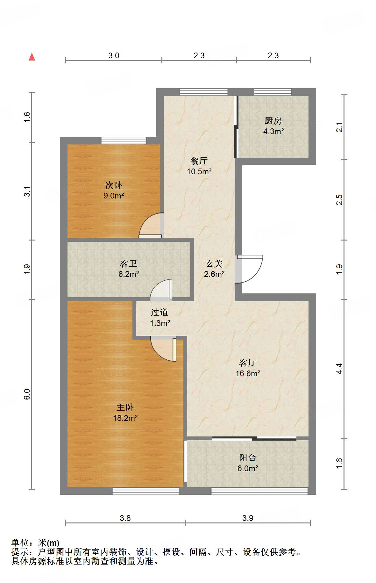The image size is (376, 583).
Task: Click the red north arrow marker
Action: coord(32,57)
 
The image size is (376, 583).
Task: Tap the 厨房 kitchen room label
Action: coord(273,121)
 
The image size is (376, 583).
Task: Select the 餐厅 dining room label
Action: coord(199,161)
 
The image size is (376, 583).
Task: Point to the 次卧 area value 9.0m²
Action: coord(114,196)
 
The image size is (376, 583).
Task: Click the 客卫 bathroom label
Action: coord(129,263)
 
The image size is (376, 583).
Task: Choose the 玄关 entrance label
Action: coord(214,263)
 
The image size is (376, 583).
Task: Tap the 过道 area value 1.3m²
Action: coord(160,323)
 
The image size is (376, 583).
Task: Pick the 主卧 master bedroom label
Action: coord(125,407)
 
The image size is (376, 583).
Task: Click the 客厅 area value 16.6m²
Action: coord(248,373)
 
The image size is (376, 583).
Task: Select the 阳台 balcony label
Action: coord(248,458)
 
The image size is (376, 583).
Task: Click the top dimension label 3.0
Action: coord(114,55)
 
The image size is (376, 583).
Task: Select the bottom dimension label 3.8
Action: coord(125,518)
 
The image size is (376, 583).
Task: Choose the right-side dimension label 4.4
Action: coord(339,369)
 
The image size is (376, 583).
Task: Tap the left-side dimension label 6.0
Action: coord(27,394)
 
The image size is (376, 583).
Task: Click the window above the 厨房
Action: coord(273,92)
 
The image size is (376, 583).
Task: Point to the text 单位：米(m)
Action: coord(35,543)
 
